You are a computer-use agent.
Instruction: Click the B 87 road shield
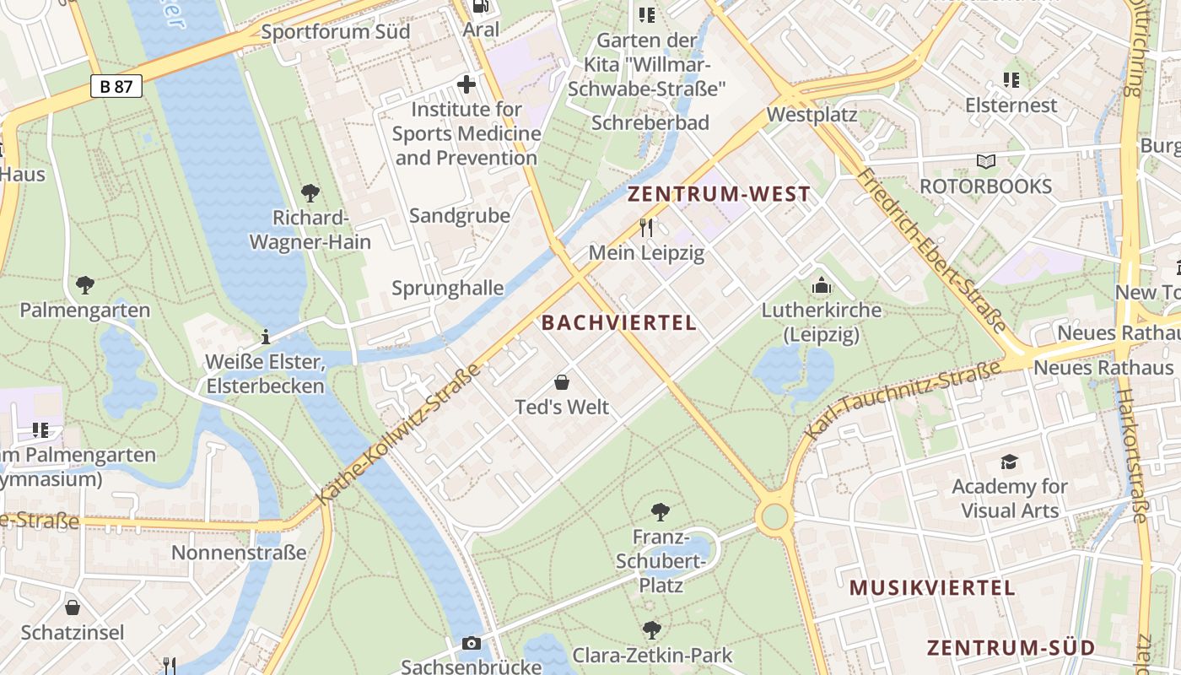click(116, 86)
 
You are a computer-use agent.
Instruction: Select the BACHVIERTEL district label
click(619, 322)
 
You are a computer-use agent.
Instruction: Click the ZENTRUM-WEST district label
click(719, 194)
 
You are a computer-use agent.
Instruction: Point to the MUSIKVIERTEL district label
click(931, 588)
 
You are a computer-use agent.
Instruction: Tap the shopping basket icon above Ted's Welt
click(562, 383)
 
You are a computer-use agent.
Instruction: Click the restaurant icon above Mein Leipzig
click(646, 227)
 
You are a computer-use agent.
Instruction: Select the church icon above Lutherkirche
click(821, 286)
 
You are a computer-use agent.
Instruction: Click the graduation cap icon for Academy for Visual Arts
click(1009, 462)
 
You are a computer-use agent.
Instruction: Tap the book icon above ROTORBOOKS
click(985, 161)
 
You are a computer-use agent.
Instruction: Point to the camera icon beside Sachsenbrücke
click(472, 644)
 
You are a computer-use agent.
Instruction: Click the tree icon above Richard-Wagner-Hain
click(310, 193)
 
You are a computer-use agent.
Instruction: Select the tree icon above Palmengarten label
click(84, 285)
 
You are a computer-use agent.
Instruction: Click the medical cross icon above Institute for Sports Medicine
click(466, 84)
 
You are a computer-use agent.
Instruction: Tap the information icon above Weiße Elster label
click(266, 337)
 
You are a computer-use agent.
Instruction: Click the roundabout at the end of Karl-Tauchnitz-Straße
click(774, 516)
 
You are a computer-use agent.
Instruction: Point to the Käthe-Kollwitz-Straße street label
click(398, 435)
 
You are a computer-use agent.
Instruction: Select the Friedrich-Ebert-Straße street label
click(931, 250)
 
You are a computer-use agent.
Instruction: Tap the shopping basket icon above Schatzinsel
click(73, 607)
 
